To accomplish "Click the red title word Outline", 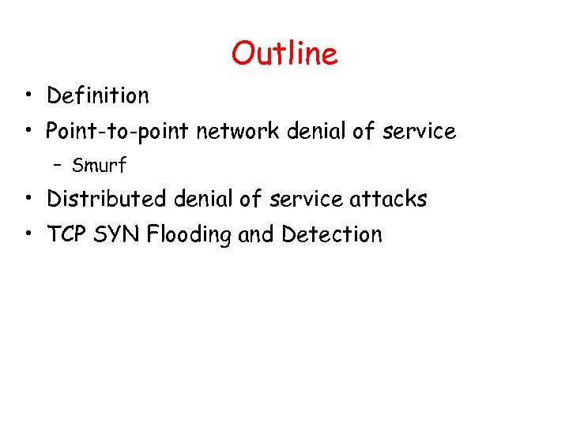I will pyautogui.click(x=284, y=54).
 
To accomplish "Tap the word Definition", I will pyautogui.click(x=98, y=96).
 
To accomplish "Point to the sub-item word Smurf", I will pyautogui.click(x=100, y=166).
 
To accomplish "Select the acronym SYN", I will pyautogui.click(x=114, y=234).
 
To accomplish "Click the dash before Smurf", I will pyautogui.click(x=58, y=166).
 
